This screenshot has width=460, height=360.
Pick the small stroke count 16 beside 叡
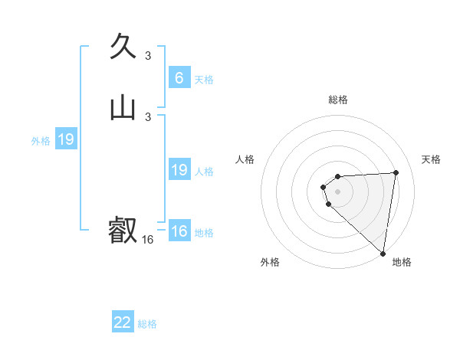coord(148,240)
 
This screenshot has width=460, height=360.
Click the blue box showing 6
coord(179,77)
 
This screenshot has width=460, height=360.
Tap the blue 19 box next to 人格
coord(179,170)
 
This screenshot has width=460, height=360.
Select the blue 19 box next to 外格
coord(66,139)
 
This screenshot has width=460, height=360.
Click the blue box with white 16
coord(179,231)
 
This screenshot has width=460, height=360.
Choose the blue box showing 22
coord(123,322)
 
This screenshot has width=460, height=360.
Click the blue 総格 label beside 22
coord(147,324)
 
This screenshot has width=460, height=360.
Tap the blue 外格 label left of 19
coord(41,141)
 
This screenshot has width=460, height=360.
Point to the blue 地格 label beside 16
coord(204,233)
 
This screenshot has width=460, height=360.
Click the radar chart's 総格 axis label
coord(338,100)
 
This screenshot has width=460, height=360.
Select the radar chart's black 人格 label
coord(245,159)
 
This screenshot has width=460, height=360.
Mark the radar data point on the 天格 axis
coord(396,172)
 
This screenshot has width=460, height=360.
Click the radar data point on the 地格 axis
coord(383,254)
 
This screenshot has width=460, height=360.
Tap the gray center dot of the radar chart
coord(338,191)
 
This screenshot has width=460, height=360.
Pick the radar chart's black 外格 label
coord(270,263)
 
